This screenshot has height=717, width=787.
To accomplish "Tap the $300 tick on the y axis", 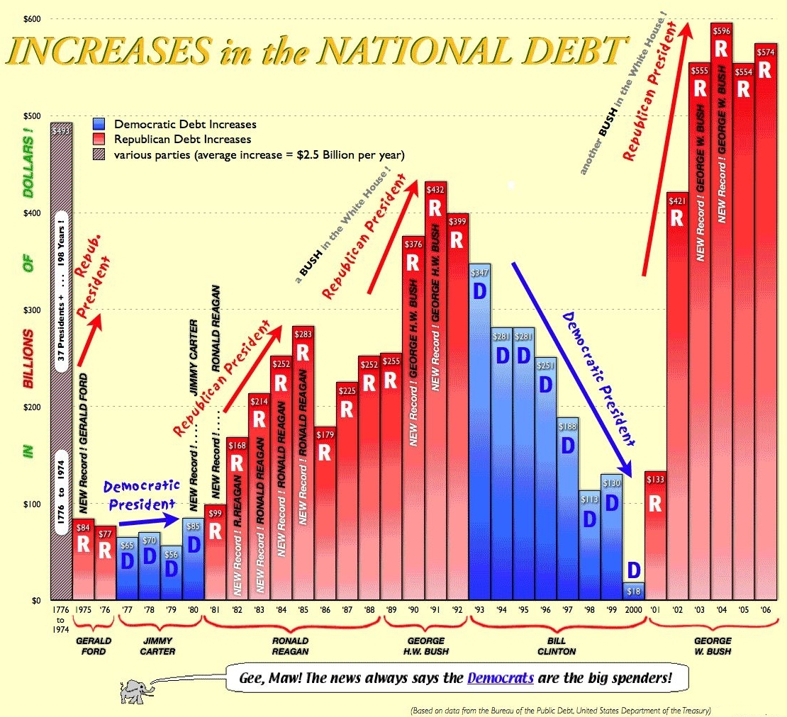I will tap(34, 310).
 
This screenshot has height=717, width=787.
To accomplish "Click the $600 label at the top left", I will tap(33, 18).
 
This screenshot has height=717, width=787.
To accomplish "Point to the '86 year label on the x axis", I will tap(325, 609).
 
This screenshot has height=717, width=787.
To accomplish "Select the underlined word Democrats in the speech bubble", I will tap(500, 677).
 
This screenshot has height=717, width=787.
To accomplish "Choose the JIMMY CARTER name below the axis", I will tap(159, 646).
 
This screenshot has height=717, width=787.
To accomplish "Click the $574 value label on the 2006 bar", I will tap(765, 51).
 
